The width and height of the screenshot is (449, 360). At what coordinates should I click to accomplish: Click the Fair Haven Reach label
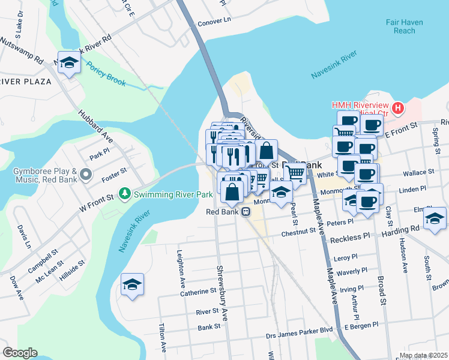click(405, 26)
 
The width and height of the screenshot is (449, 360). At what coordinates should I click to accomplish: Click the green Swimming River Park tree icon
click(125, 194)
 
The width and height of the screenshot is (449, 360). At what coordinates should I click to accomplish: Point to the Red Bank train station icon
click(246, 212)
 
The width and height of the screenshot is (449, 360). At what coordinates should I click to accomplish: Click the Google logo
click(20, 352)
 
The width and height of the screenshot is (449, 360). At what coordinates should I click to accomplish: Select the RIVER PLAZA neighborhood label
click(26, 82)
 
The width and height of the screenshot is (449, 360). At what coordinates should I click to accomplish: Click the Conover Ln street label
click(214, 20)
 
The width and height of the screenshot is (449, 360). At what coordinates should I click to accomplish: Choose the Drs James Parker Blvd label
click(300, 329)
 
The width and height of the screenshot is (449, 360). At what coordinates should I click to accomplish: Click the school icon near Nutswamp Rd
click(70, 62)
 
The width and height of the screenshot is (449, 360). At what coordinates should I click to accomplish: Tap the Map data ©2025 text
click(423, 355)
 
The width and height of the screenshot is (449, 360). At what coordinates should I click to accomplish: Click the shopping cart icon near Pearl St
click(294, 173)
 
